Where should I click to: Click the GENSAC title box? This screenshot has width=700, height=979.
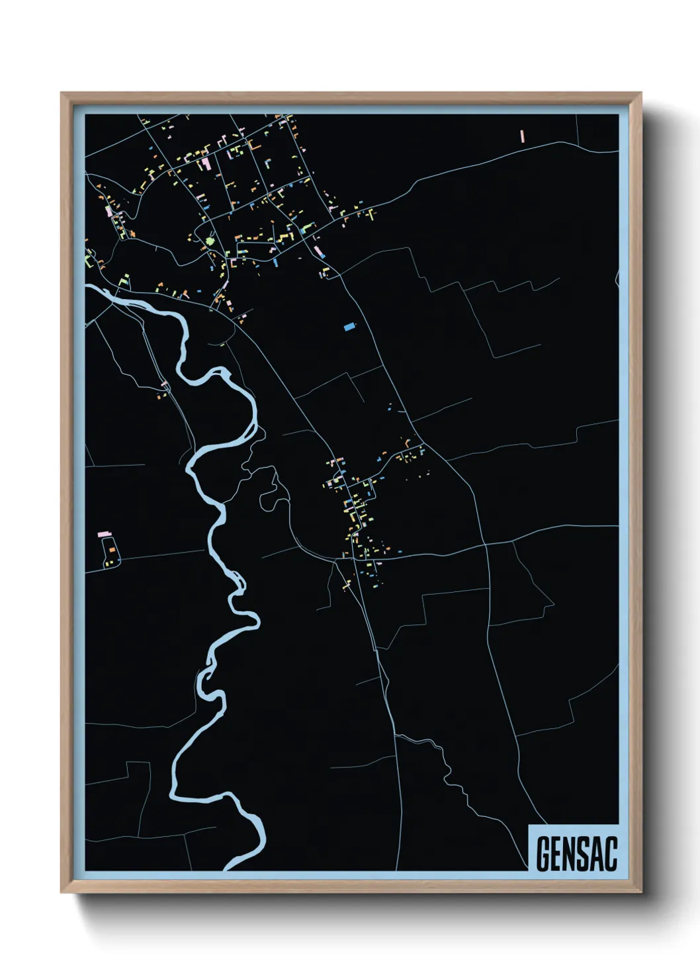click(x=574, y=847)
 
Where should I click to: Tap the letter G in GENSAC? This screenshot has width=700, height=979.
click(x=544, y=855)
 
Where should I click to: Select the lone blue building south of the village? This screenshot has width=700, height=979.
click(x=349, y=325)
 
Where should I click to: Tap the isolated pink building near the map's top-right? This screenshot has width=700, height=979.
click(x=522, y=136)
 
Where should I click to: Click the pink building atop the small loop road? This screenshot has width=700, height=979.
click(x=104, y=533)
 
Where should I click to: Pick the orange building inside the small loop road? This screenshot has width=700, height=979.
click(x=112, y=550)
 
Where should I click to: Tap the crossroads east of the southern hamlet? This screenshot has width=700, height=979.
click(x=486, y=546)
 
